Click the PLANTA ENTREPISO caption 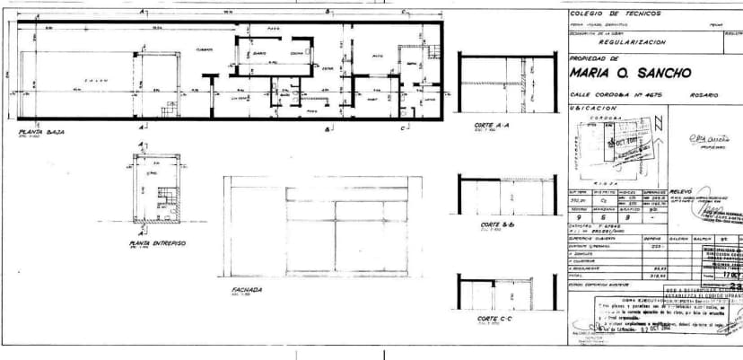[x=157, y=242]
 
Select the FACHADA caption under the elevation [x=245, y=290]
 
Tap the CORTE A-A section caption [x=492, y=125]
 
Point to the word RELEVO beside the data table [x=683, y=190]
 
